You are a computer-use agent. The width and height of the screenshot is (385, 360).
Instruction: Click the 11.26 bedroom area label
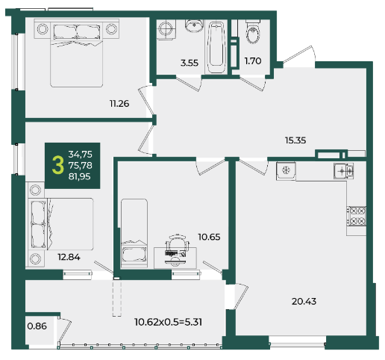(x=119, y=103)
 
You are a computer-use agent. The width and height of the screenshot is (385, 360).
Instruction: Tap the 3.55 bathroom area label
(x=190, y=63)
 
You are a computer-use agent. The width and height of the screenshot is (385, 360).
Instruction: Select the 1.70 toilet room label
(x=253, y=61)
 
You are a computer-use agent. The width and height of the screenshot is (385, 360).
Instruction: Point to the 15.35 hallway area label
(x=295, y=140)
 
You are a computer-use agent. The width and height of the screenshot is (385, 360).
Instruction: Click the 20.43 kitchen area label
(x=304, y=302)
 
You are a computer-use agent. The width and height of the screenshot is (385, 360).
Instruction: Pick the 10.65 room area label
(x=209, y=237)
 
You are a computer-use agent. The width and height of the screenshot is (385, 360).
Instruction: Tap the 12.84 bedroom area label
(x=69, y=257)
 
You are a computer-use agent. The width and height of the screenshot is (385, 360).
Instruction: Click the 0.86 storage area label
(x=37, y=326)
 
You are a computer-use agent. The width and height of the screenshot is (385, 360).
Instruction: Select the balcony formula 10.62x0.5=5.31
(x=169, y=322)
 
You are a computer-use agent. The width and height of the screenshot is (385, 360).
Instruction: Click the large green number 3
(x=58, y=165)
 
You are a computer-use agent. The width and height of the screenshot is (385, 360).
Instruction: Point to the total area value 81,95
(x=80, y=176)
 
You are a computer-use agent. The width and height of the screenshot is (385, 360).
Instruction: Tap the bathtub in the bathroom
(x=216, y=47)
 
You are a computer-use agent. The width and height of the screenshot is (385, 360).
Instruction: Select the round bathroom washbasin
(x=194, y=25)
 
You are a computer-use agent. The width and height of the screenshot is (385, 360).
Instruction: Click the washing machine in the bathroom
(x=166, y=29)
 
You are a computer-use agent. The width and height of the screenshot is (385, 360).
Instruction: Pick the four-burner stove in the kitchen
(x=357, y=216)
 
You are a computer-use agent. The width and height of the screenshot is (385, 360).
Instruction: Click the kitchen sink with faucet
(x=343, y=171)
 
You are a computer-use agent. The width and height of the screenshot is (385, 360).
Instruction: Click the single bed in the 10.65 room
(x=134, y=234)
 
